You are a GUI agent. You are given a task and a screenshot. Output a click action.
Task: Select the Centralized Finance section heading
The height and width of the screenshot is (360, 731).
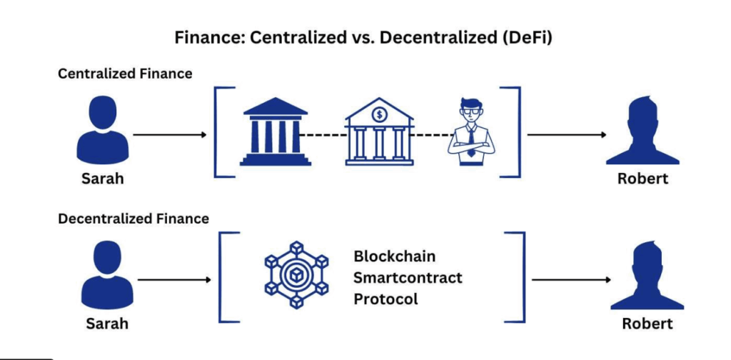[x=125, y=74]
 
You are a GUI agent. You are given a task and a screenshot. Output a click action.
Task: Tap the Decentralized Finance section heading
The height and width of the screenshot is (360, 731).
[x=133, y=219]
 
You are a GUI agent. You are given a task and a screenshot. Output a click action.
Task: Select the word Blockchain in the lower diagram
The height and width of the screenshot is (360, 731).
[x=395, y=256]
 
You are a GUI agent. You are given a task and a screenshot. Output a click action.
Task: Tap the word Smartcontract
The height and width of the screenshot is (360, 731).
[x=408, y=277]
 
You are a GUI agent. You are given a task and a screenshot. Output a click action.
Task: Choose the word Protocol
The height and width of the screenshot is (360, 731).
[x=386, y=299]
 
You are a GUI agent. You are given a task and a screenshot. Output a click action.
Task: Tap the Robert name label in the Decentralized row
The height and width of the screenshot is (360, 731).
[x=647, y=323]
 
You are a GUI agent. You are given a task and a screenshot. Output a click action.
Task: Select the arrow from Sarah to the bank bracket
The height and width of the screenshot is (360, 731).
[x=170, y=134]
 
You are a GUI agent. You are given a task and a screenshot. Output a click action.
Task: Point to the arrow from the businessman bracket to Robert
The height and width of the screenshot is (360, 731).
[x=568, y=134]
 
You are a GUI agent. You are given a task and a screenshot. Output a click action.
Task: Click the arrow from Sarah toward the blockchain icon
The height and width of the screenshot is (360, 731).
[x=173, y=279]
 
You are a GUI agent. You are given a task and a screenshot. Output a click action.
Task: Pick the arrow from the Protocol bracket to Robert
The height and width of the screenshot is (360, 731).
[x=571, y=279]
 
